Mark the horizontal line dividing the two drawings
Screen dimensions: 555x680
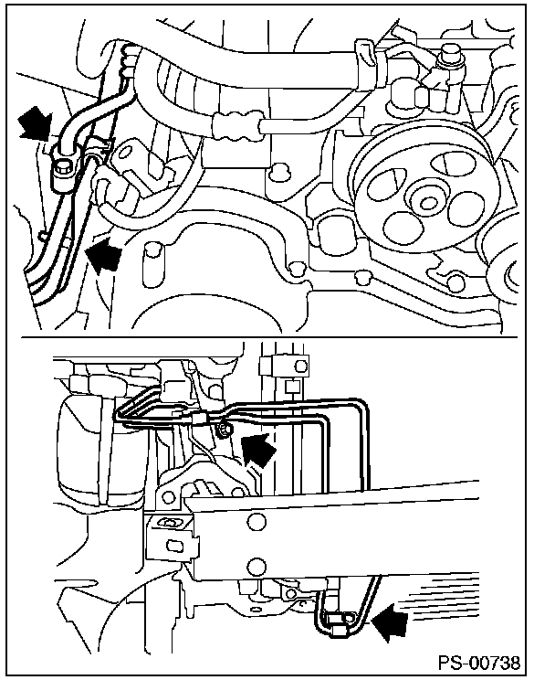coord(274,335)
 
